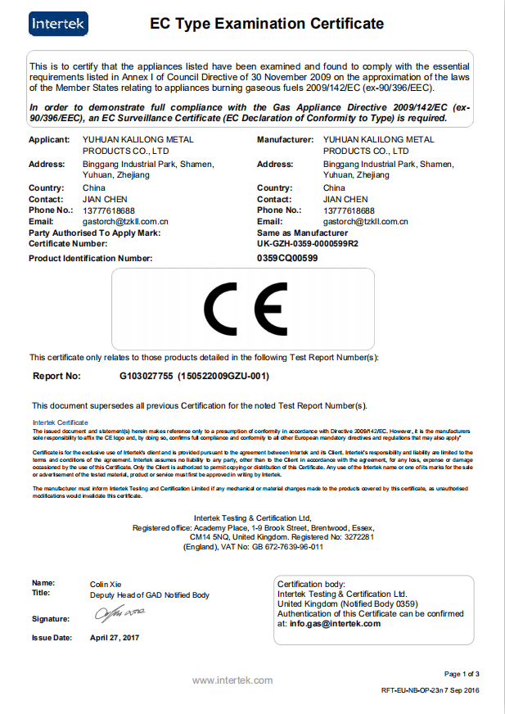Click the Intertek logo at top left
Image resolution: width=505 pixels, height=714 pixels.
[58, 24]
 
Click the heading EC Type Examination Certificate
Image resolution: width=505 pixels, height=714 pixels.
[267, 24]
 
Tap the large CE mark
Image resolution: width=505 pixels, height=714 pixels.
[242, 309]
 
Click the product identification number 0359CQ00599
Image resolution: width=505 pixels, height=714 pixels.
[287, 258]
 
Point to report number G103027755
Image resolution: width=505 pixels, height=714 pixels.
[147, 376]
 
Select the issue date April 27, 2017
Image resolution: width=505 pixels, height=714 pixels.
[115, 637]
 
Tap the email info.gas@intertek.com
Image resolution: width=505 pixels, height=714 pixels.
[335, 623]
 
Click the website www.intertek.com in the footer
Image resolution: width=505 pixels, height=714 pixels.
[232, 680]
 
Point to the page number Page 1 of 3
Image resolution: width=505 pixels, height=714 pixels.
[462, 674]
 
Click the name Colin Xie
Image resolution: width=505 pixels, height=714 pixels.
[106, 584]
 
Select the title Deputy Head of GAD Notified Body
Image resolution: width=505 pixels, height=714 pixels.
[150, 594]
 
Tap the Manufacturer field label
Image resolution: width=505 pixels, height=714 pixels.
[286, 140]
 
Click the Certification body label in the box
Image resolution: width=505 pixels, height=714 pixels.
[311, 584]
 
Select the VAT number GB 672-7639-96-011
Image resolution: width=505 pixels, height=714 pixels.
[278, 546]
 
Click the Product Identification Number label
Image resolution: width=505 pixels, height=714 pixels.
[90, 258]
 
